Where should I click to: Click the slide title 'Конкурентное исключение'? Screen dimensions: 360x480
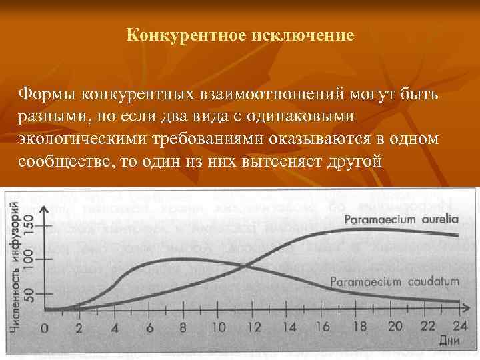tap(240, 34)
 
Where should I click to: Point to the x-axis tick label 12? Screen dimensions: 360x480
tap(253, 327)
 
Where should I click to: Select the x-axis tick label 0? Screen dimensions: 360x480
tap(45, 328)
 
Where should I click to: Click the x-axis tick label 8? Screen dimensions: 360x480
tap(183, 327)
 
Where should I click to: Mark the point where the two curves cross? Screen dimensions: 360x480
tap(247, 265)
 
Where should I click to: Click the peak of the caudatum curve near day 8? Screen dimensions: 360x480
tap(175, 259)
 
